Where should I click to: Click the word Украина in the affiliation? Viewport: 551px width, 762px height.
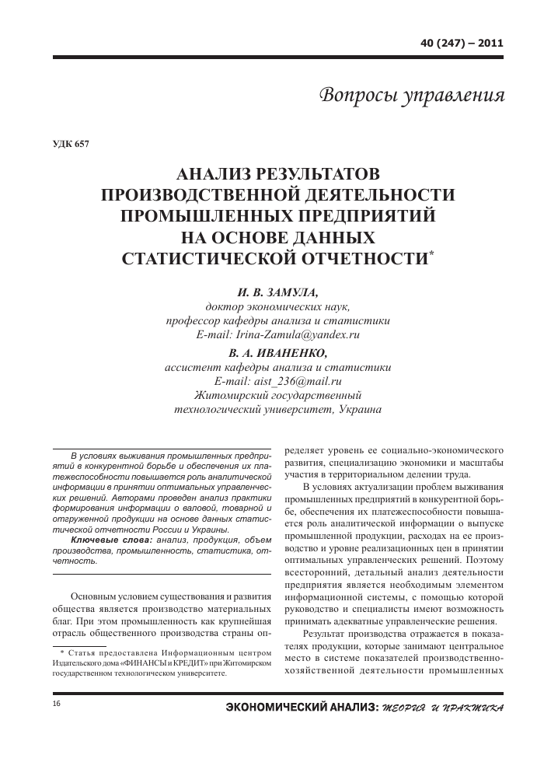(x=361, y=410)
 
